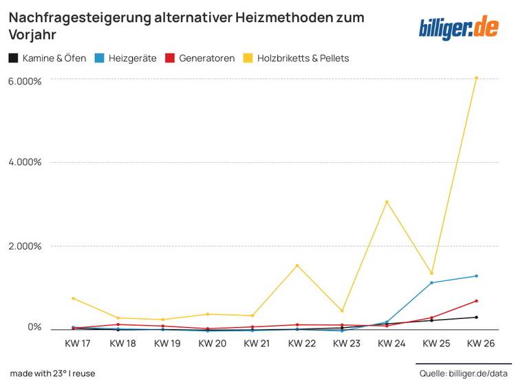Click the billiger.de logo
click(x=459, y=27)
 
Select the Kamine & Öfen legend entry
click(x=47, y=58)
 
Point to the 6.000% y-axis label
click(x=25, y=80)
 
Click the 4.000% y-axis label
click(x=25, y=162)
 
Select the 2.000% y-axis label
click(x=25, y=246)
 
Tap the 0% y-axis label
click(x=34, y=327)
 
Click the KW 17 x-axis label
click(x=77, y=343)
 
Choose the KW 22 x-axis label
click(x=301, y=343)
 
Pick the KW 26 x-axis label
click(x=480, y=343)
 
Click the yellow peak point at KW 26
click(x=476, y=78)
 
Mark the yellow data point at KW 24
click(x=387, y=201)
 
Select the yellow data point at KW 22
click(x=297, y=265)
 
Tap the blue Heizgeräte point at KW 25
click(x=431, y=283)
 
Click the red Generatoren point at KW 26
click(x=476, y=301)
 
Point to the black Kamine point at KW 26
click(x=476, y=317)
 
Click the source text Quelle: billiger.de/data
click(x=464, y=373)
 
